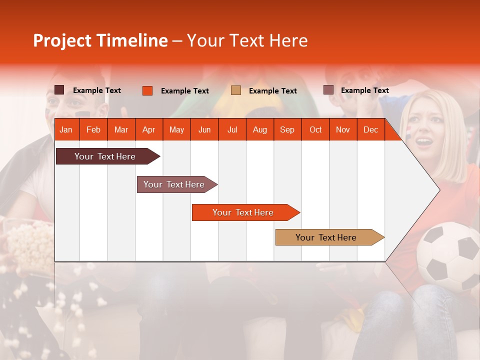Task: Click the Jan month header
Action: click(x=66, y=129)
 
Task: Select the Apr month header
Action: click(x=148, y=129)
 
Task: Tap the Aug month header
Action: click(x=259, y=129)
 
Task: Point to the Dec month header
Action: click(x=370, y=129)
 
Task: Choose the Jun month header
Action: click(x=204, y=129)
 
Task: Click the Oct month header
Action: click(x=315, y=129)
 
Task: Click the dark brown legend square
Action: click(x=59, y=90)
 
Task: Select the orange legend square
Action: click(x=147, y=90)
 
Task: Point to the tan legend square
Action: click(x=236, y=90)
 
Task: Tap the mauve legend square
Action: click(x=328, y=90)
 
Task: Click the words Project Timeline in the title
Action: click(x=100, y=40)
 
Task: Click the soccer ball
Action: click(x=448, y=256)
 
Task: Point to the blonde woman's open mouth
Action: click(x=424, y=141)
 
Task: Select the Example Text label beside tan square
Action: click(x=272, y=91)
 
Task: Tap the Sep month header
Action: click(x=287, y=129)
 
